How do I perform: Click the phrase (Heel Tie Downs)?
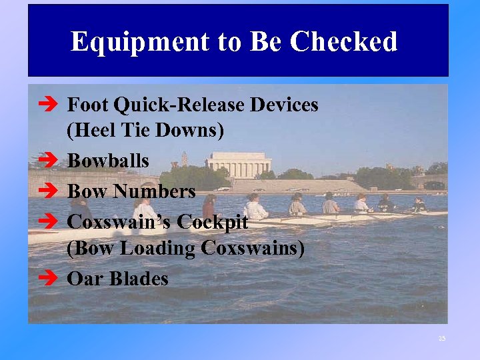(145, 131)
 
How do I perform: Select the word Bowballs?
(108, 161)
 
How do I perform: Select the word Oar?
(83, 278)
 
